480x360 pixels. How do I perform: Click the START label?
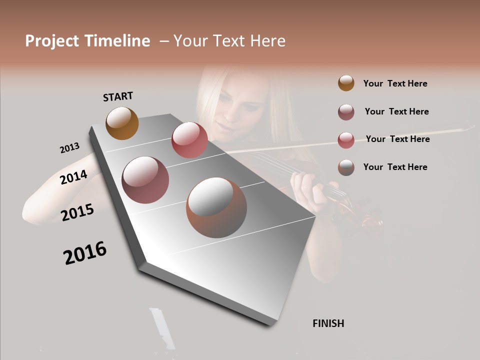click(118, 96)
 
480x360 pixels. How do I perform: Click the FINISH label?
click(328, 323)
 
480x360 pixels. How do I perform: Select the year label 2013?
click(69, 147)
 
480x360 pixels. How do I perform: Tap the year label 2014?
click(73, 177)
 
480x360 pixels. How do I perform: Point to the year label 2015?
click(77, 212)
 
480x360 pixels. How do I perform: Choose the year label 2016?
click(85, 253)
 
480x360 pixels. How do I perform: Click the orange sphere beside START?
click(122, 123)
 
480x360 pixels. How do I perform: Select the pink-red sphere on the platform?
click(189, 140)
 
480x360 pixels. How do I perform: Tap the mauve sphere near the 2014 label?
click(145, 180)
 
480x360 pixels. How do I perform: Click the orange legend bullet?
click(346, 83)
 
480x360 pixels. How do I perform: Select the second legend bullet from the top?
click(346, 112)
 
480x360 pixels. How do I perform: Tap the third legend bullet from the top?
click(346, 140)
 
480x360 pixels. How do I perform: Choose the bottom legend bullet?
click(346, 167)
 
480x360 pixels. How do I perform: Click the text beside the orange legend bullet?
click(395, 83)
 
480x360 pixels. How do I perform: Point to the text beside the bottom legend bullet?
click(395, 167)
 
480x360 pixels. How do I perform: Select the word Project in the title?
click(52, 41)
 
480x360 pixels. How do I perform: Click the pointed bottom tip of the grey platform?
click(270, 324)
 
